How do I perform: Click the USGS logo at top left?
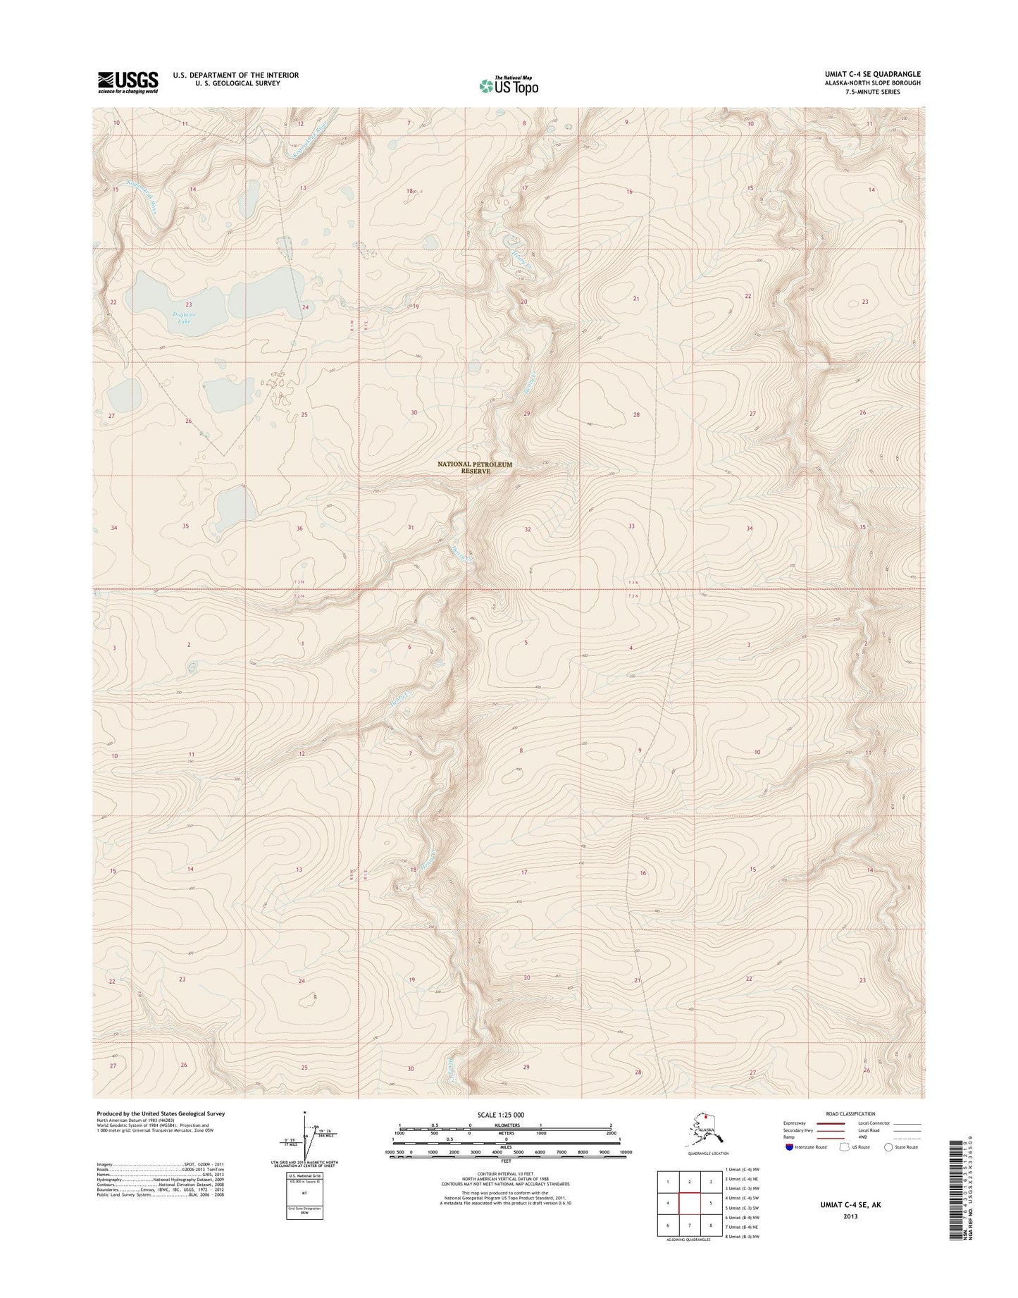tap(128, 82)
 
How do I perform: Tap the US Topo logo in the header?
tap(509, 85)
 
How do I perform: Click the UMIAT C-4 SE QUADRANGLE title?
tap(872, 74)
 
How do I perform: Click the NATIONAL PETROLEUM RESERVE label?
tap(474, 467)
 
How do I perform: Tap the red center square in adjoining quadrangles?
tap(690, 1203)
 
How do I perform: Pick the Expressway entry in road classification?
tap(798, 1123)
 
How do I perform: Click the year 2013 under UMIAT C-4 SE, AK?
tap(851, 1216)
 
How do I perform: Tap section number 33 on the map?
tap(631, 526)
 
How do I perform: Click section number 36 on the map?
tap(299, 529)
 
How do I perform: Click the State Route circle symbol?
tap(888, 1147)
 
